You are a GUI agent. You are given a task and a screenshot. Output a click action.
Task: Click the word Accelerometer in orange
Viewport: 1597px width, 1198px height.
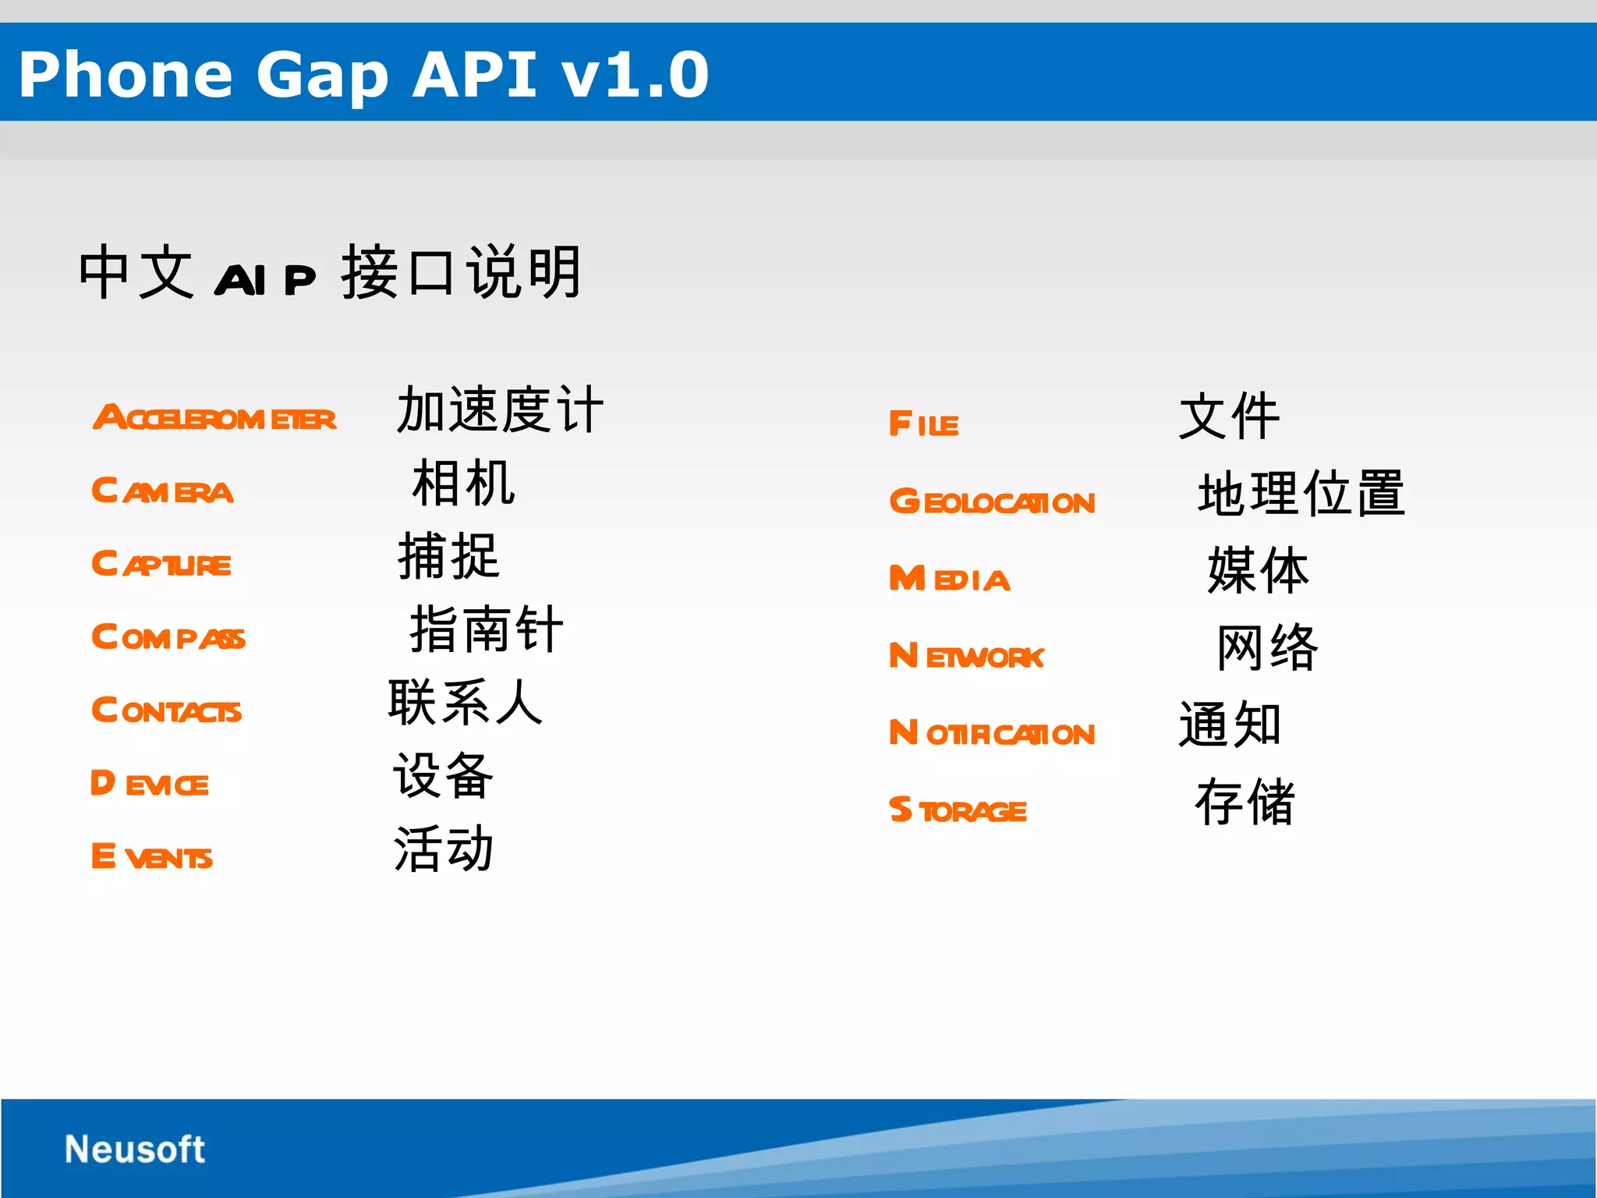(x=214, y=418)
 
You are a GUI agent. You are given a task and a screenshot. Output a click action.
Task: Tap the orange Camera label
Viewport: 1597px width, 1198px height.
(x=162, y=491)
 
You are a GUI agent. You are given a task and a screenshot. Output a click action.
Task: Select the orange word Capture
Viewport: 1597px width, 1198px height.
(x=161, y=564)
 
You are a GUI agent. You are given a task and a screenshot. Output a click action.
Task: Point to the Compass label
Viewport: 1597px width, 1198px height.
(x=168, y=637)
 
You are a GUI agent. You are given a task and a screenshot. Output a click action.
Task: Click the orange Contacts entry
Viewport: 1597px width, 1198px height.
(x=166, y=711)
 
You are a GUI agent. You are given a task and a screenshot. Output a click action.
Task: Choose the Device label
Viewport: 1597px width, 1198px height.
(x=149, y=784)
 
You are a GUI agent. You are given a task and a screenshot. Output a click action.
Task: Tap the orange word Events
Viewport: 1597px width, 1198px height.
(x=151, y=857)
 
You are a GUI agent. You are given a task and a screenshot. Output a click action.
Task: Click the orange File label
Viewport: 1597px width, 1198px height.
(x=923, y=424)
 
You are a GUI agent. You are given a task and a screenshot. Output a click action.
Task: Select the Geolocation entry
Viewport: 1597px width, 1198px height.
(x=992, y=502)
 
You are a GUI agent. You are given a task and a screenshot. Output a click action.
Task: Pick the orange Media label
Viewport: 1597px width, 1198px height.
(x=949, y=579)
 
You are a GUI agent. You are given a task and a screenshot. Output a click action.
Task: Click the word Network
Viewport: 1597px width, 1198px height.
(x=966, y=656)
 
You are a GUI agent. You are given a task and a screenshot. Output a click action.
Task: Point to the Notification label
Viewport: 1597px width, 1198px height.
(x=992, y=733)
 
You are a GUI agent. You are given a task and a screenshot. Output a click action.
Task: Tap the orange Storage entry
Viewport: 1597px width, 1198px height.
(x=958, y=810)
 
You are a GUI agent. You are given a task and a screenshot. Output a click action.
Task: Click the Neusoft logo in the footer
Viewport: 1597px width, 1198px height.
(x=134, y=1149)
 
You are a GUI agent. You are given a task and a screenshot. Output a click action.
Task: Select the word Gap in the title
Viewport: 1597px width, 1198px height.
(x=322, y=76)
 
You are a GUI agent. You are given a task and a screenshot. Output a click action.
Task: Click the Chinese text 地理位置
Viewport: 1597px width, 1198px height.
(x=1301, y=494)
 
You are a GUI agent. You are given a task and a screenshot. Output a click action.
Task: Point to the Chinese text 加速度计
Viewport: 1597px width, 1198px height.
(x=500, y=409)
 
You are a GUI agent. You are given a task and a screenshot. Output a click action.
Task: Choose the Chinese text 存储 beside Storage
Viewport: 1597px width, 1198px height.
(x=1245, y=802)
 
